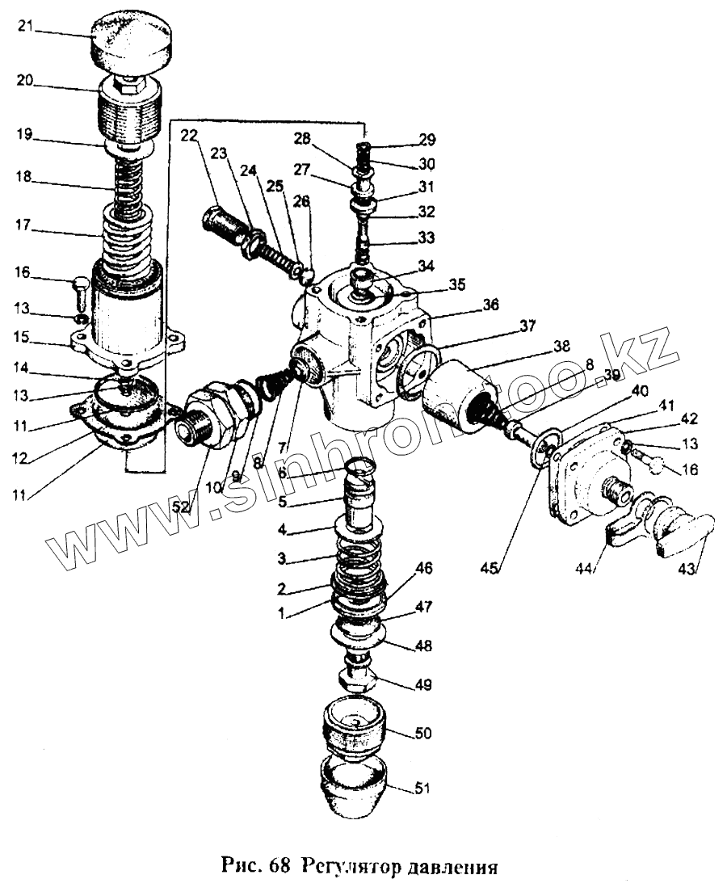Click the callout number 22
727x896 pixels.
click(188, 135)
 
